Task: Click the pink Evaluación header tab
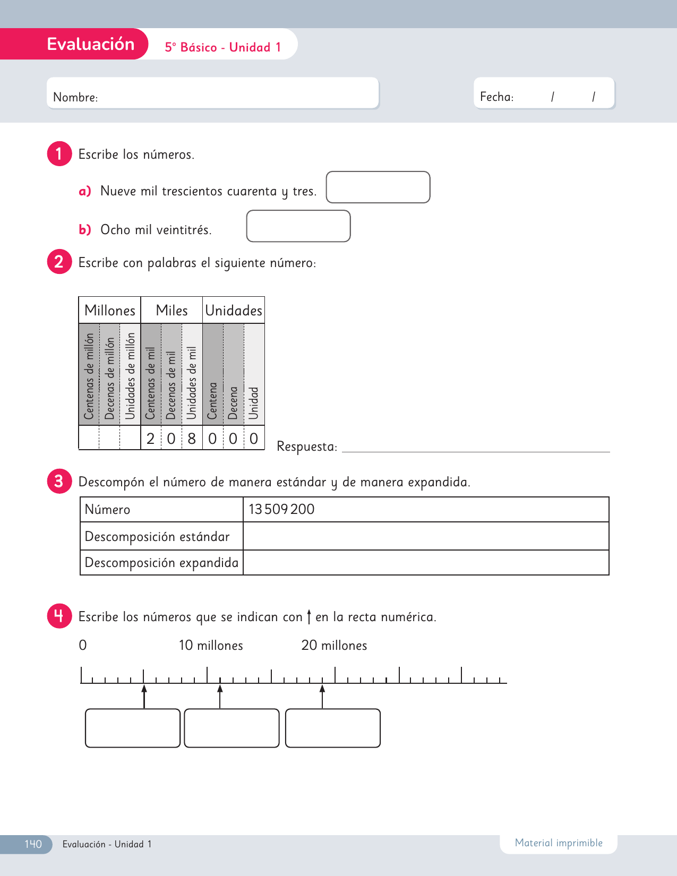[x=90, y=44]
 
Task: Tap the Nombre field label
[x=75, y=97]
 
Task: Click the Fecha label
[x=496, y=97]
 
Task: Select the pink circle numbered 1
[x=59, y=154]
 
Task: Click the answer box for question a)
[x=378, y=187]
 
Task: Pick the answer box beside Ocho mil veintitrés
[x=298, y=226]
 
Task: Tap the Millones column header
[x=110, y=311]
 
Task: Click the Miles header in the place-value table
[x=172, y=311]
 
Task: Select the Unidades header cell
[x=234, y=311]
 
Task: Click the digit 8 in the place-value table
[x=192, y=439]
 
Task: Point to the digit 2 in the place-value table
[x=151, y=439]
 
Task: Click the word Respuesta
[x=307, y=446]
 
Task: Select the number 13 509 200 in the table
[x=281, y=509]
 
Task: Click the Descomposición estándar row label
[x=157, y=536]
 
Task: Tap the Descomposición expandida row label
[x=161, y=563]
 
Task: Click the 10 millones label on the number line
[x=211, y=646]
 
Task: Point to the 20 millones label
[x=334, y=646]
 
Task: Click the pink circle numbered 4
[x=59, y=616]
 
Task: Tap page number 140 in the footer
[x=33, y=844]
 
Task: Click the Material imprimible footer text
[x=559, y=843]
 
